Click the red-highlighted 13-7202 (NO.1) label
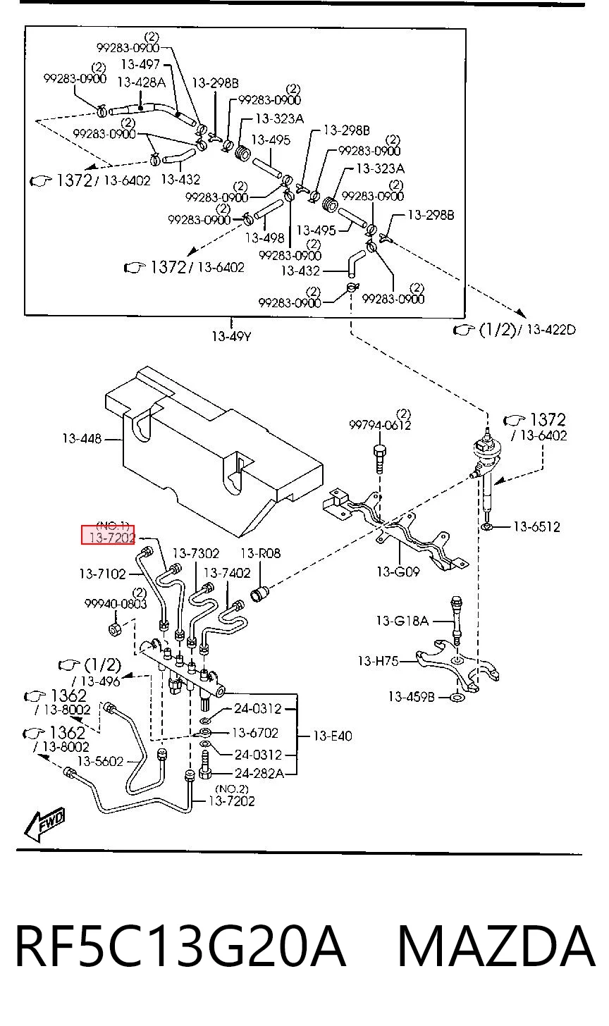(108, 535)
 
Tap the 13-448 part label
(82, 439)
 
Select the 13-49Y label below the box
(231, 337)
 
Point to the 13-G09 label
(398, 571)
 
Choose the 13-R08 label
(260, 553)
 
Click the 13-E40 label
(333, 736)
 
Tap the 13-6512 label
(536, 527)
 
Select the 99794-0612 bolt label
(380, 425)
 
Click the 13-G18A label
(402, 621)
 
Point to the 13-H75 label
(378, 661)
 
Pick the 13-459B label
(411, 697)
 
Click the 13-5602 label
(100, 761)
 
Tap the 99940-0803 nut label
(116, 604)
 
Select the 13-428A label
(141, 82)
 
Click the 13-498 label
(265, 237)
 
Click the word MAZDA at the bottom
(497, 946)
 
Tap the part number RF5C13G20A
(180, 946)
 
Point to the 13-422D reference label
(550, 330)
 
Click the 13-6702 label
(255, 733)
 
